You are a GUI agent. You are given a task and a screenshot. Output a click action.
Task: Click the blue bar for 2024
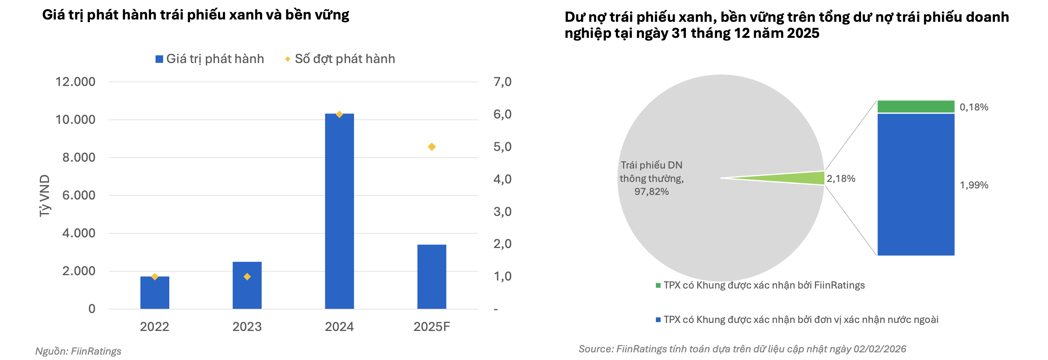point(339,211)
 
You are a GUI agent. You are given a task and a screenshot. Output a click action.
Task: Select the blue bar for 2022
point(154,293)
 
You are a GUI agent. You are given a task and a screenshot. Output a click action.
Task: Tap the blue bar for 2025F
point(432,277)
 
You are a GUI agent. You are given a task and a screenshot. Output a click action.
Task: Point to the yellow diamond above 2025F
point(432,147)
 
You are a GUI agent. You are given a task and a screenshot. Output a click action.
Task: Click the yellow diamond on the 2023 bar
point(247,277)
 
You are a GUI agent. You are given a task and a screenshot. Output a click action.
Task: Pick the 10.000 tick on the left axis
point(75,120)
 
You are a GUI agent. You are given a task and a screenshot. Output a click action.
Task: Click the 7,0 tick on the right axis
point(503,82)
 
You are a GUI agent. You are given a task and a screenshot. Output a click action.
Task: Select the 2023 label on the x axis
point(247,327)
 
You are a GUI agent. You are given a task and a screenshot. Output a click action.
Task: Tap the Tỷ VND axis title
point(44,196)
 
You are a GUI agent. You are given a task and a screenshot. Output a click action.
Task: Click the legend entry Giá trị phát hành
point(209,59)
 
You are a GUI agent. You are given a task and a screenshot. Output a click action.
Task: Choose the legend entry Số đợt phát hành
point(340,59)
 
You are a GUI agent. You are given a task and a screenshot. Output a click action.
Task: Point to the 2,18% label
point(841,178)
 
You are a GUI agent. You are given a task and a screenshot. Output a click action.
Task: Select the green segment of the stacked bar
point(916,107)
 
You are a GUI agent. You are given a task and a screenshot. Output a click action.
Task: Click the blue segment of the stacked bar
point(916,184)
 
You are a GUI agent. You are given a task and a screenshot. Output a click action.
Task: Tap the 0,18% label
point(974,107)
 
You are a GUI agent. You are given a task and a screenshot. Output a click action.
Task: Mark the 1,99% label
point(974,185)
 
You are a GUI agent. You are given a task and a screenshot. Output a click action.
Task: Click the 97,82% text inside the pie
point(651,191)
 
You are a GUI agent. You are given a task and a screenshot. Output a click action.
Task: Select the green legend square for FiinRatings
point(658,285)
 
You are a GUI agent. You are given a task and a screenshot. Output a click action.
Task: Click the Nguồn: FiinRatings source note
point(78,351)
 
